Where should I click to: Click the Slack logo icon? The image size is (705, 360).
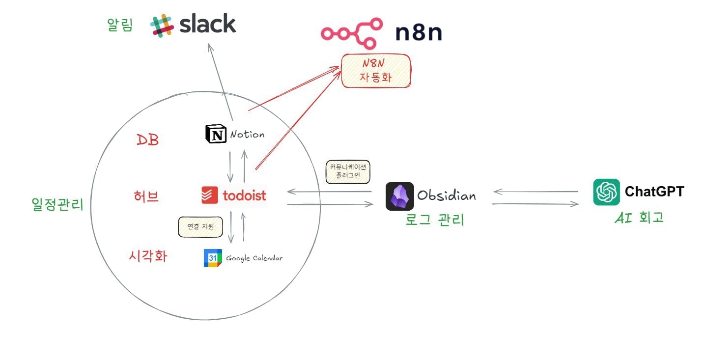pyautogui.click(x=162, y=26)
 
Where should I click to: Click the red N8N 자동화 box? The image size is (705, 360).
pyautogui.click(x=376, y=70)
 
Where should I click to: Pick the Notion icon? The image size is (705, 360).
pyautogui.click(x=216, y=134)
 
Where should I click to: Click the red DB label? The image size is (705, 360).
pyautogui.click(x=148, y=140)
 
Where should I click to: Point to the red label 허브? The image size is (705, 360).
pyautogui.click(x=146, y=196)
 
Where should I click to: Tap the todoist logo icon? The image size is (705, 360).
pyautogui.click(x=210, y=195)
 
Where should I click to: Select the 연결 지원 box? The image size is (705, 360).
pyautogui.click(x=200, y=227)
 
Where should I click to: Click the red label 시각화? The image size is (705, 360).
pyautogui.click(x=148, y=256)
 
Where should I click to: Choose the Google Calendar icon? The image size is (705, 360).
pyautogui.click(x=213, y=258)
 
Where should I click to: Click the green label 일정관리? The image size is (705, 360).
pyautogui.click(x=57, y=204)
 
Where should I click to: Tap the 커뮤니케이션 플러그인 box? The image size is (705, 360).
pyautogui.click(x=348, y=171)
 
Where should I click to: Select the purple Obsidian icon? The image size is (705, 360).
pyautogui.click(x=399, y=196)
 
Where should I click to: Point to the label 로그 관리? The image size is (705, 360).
pyautogui.click(x=435, y=220)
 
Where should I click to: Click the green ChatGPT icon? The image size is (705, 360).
pyautogui.click(x=606, y=192)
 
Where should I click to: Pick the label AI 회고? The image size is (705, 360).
pyautogui.click(x=639, y=218)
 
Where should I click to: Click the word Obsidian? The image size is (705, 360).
pyautogui.click(x=447, y=195)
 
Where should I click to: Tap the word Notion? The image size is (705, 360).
pyautogui.click(x=247, y=134)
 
